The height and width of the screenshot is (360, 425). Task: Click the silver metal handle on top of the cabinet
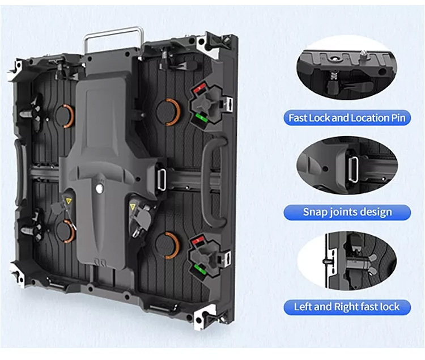114,31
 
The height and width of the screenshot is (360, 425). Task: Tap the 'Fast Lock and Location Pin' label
347,118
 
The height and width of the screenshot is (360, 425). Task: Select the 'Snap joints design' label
347,212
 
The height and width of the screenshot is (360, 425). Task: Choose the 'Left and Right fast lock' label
347,307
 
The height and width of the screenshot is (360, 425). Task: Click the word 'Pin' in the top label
398,118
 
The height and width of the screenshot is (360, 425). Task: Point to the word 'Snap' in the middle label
313,212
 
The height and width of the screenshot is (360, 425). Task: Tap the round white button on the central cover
99,188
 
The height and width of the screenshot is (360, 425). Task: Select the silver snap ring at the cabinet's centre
161,180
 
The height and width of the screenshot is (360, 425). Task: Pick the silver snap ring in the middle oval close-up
353,169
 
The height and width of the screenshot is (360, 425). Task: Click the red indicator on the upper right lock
200,87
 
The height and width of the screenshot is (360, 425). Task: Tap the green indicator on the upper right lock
201,117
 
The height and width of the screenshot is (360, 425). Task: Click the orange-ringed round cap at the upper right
168,112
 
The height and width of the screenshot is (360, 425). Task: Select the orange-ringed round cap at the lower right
168,245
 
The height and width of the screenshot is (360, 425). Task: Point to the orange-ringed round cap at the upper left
65,116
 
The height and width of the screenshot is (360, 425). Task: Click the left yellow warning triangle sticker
69,201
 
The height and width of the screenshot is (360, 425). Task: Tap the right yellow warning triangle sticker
132,207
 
